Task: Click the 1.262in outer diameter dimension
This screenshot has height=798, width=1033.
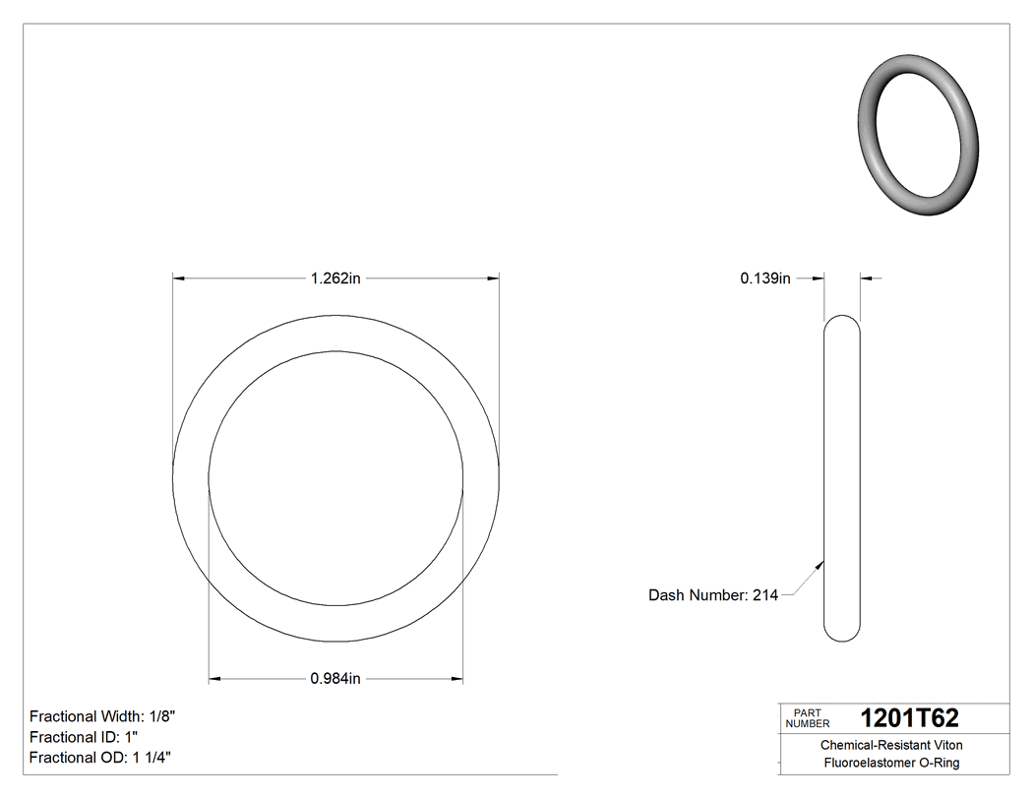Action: point(335,278)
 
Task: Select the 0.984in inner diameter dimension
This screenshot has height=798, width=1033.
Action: point(335,678)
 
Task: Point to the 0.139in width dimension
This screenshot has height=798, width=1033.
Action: point(765,278)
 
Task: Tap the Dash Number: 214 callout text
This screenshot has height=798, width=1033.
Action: point(713,595)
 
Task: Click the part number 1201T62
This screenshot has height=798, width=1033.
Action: point(909,718)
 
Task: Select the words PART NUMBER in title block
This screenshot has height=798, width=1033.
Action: point(808,718)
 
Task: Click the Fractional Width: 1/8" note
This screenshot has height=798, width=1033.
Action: point(103,716)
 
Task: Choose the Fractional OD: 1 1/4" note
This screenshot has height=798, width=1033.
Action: point(102,758)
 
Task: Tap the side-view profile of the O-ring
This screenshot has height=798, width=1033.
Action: point(841,478)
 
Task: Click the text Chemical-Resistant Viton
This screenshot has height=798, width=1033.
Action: point(891,745)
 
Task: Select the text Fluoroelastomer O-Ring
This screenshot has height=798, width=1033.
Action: point(891,763)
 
